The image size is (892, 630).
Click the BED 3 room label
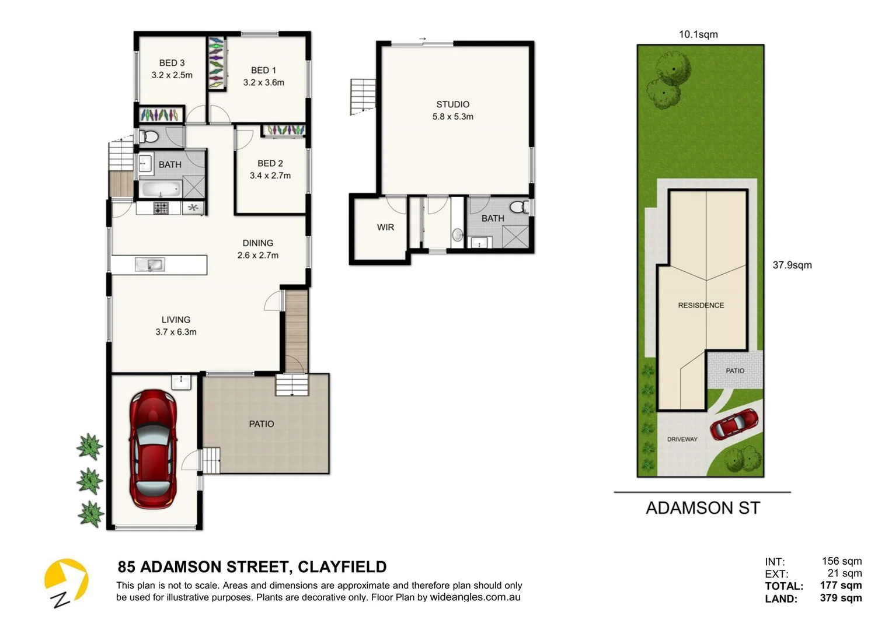(172, 63)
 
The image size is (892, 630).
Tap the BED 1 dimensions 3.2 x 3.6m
(263, 83)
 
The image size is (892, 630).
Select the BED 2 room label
(270, 163)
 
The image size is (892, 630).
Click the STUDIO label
(452, 104)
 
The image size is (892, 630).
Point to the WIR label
(385, 228)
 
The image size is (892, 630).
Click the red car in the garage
(152, 449)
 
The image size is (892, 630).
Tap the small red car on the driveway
(734, 424)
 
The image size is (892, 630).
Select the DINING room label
(257, 243)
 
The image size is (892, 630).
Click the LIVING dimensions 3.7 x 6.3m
(176, 332)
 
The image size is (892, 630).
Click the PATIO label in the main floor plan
(261, 424)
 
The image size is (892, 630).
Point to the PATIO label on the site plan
(734, 371)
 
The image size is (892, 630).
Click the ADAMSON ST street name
(702, 508)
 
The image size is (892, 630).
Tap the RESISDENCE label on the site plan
(701, 305)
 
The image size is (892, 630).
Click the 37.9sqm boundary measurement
(792, 265)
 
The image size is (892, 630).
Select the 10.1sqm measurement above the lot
(698, 34)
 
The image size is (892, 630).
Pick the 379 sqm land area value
(840, 598)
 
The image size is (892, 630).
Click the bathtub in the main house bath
(161, 190)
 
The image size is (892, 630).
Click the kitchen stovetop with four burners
(161, 208)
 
